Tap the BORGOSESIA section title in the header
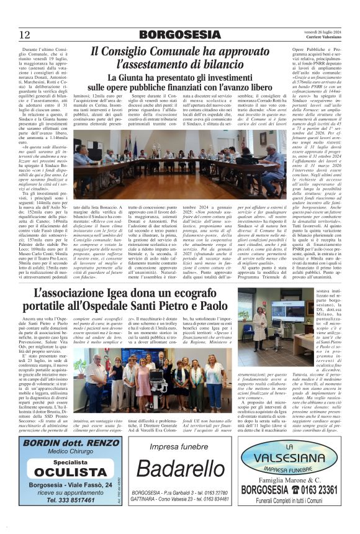[179, 34]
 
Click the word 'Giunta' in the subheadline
[137, 78]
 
